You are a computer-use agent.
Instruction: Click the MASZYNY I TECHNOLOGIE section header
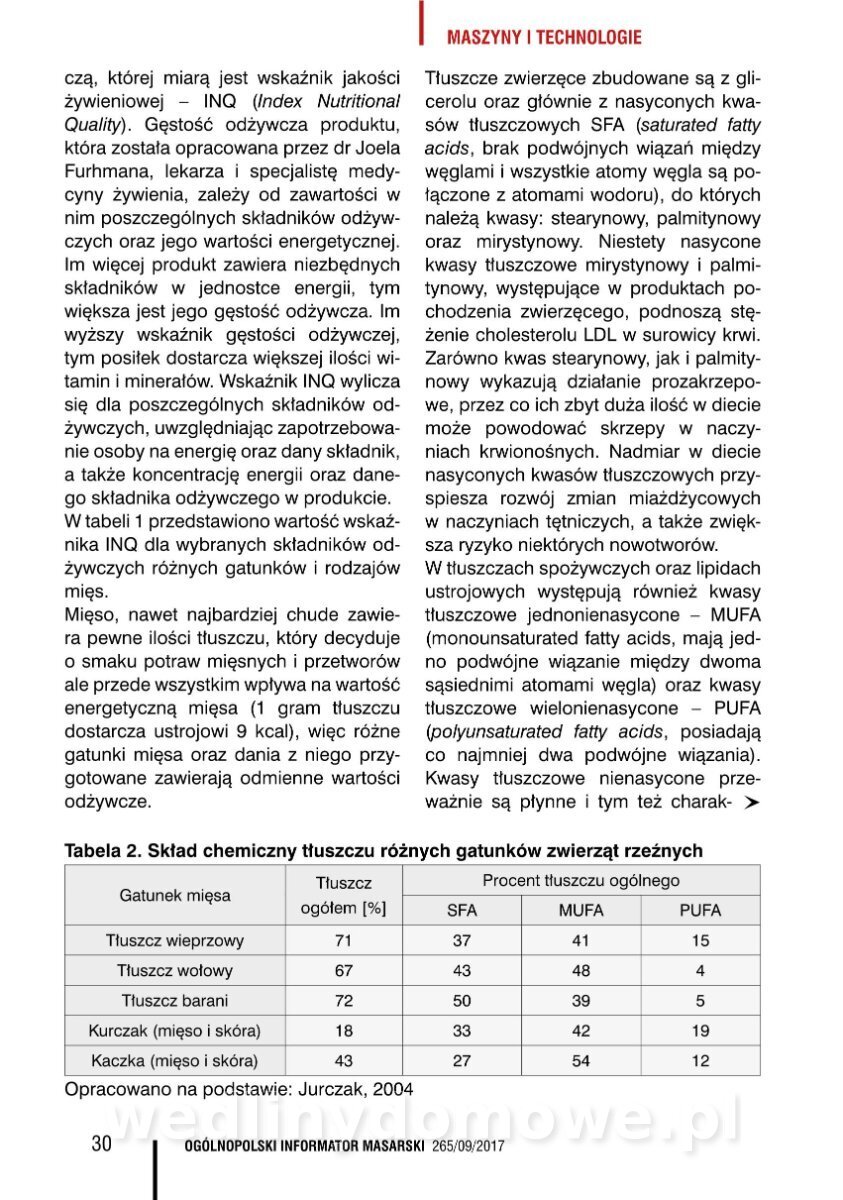(x=544, y=38)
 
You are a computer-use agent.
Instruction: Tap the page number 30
(x=101, y=1144)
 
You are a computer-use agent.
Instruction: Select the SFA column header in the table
(x=461, y=910)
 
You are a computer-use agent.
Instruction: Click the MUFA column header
(x=581, y=910)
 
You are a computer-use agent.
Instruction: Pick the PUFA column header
(x=700, y=910)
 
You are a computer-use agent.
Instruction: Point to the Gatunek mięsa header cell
(x=175, y=895)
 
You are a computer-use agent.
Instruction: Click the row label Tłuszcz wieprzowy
(x=175, y=941)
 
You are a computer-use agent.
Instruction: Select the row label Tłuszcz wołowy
(x=175, y=971)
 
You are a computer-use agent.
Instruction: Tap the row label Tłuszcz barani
(x=175, y=1001)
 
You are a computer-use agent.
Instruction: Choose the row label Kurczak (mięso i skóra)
(x=175, y=1031)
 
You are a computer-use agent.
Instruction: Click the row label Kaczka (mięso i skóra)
(x=175, y=1061)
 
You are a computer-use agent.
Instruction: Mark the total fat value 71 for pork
(x=343, y=941)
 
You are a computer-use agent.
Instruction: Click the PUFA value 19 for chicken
(x=700, y=1031)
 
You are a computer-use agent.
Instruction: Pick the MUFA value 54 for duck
(x=581, y=1061)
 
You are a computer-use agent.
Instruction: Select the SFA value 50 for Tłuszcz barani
(x=461, y=1001)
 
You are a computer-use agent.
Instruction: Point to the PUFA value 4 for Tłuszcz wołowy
(x=700, y=971)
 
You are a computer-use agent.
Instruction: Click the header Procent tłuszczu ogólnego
(x=581, y=881)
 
